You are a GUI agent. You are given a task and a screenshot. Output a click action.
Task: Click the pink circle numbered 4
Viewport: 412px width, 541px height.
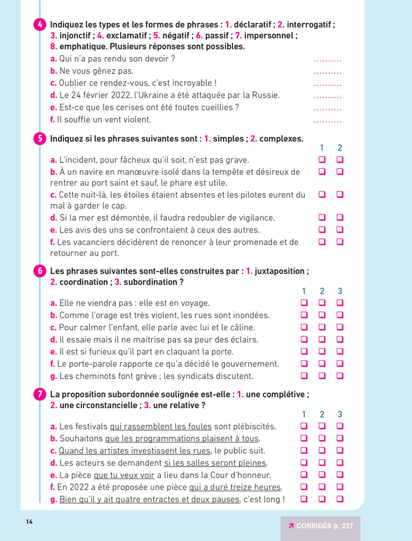39,25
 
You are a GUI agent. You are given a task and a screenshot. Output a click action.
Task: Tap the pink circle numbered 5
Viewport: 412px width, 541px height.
39,139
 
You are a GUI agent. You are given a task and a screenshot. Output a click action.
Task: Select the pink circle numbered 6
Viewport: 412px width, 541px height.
39,271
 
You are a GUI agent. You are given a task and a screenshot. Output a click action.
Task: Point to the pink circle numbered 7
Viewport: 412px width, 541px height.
39,394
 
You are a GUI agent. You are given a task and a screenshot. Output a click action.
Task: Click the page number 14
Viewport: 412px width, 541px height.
29,522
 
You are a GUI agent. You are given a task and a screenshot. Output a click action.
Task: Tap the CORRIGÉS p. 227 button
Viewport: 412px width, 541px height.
320,526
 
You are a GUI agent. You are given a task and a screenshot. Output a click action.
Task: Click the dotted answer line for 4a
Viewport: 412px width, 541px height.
327,59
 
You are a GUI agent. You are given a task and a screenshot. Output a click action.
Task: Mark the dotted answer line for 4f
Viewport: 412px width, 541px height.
327,120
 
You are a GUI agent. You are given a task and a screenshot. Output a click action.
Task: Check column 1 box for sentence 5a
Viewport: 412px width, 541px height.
322,160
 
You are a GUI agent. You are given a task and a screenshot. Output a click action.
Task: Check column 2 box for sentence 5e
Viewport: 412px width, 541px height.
340,230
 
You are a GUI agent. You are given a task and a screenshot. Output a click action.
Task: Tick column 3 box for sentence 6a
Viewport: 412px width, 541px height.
340,303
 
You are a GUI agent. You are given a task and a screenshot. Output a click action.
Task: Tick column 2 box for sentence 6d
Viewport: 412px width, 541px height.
322,339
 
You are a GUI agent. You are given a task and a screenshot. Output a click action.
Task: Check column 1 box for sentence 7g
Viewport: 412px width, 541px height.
304,499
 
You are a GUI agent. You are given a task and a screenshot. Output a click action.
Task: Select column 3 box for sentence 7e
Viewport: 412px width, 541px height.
340,474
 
